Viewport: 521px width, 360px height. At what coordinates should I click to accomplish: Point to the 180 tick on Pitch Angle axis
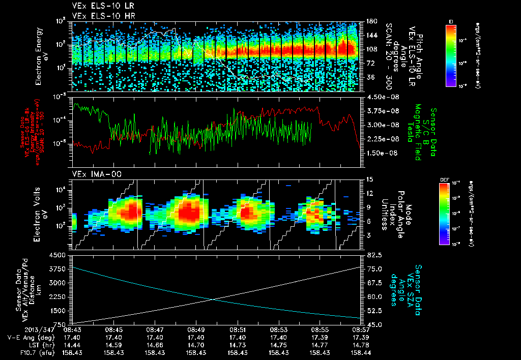pyautogui.click(x=371, y=21)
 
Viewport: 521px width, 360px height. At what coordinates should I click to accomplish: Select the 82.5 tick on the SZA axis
pyautogui.click(x=372, y=254)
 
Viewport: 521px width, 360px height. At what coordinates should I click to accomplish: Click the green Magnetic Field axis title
pyautogui.click(x=418, y=132)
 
